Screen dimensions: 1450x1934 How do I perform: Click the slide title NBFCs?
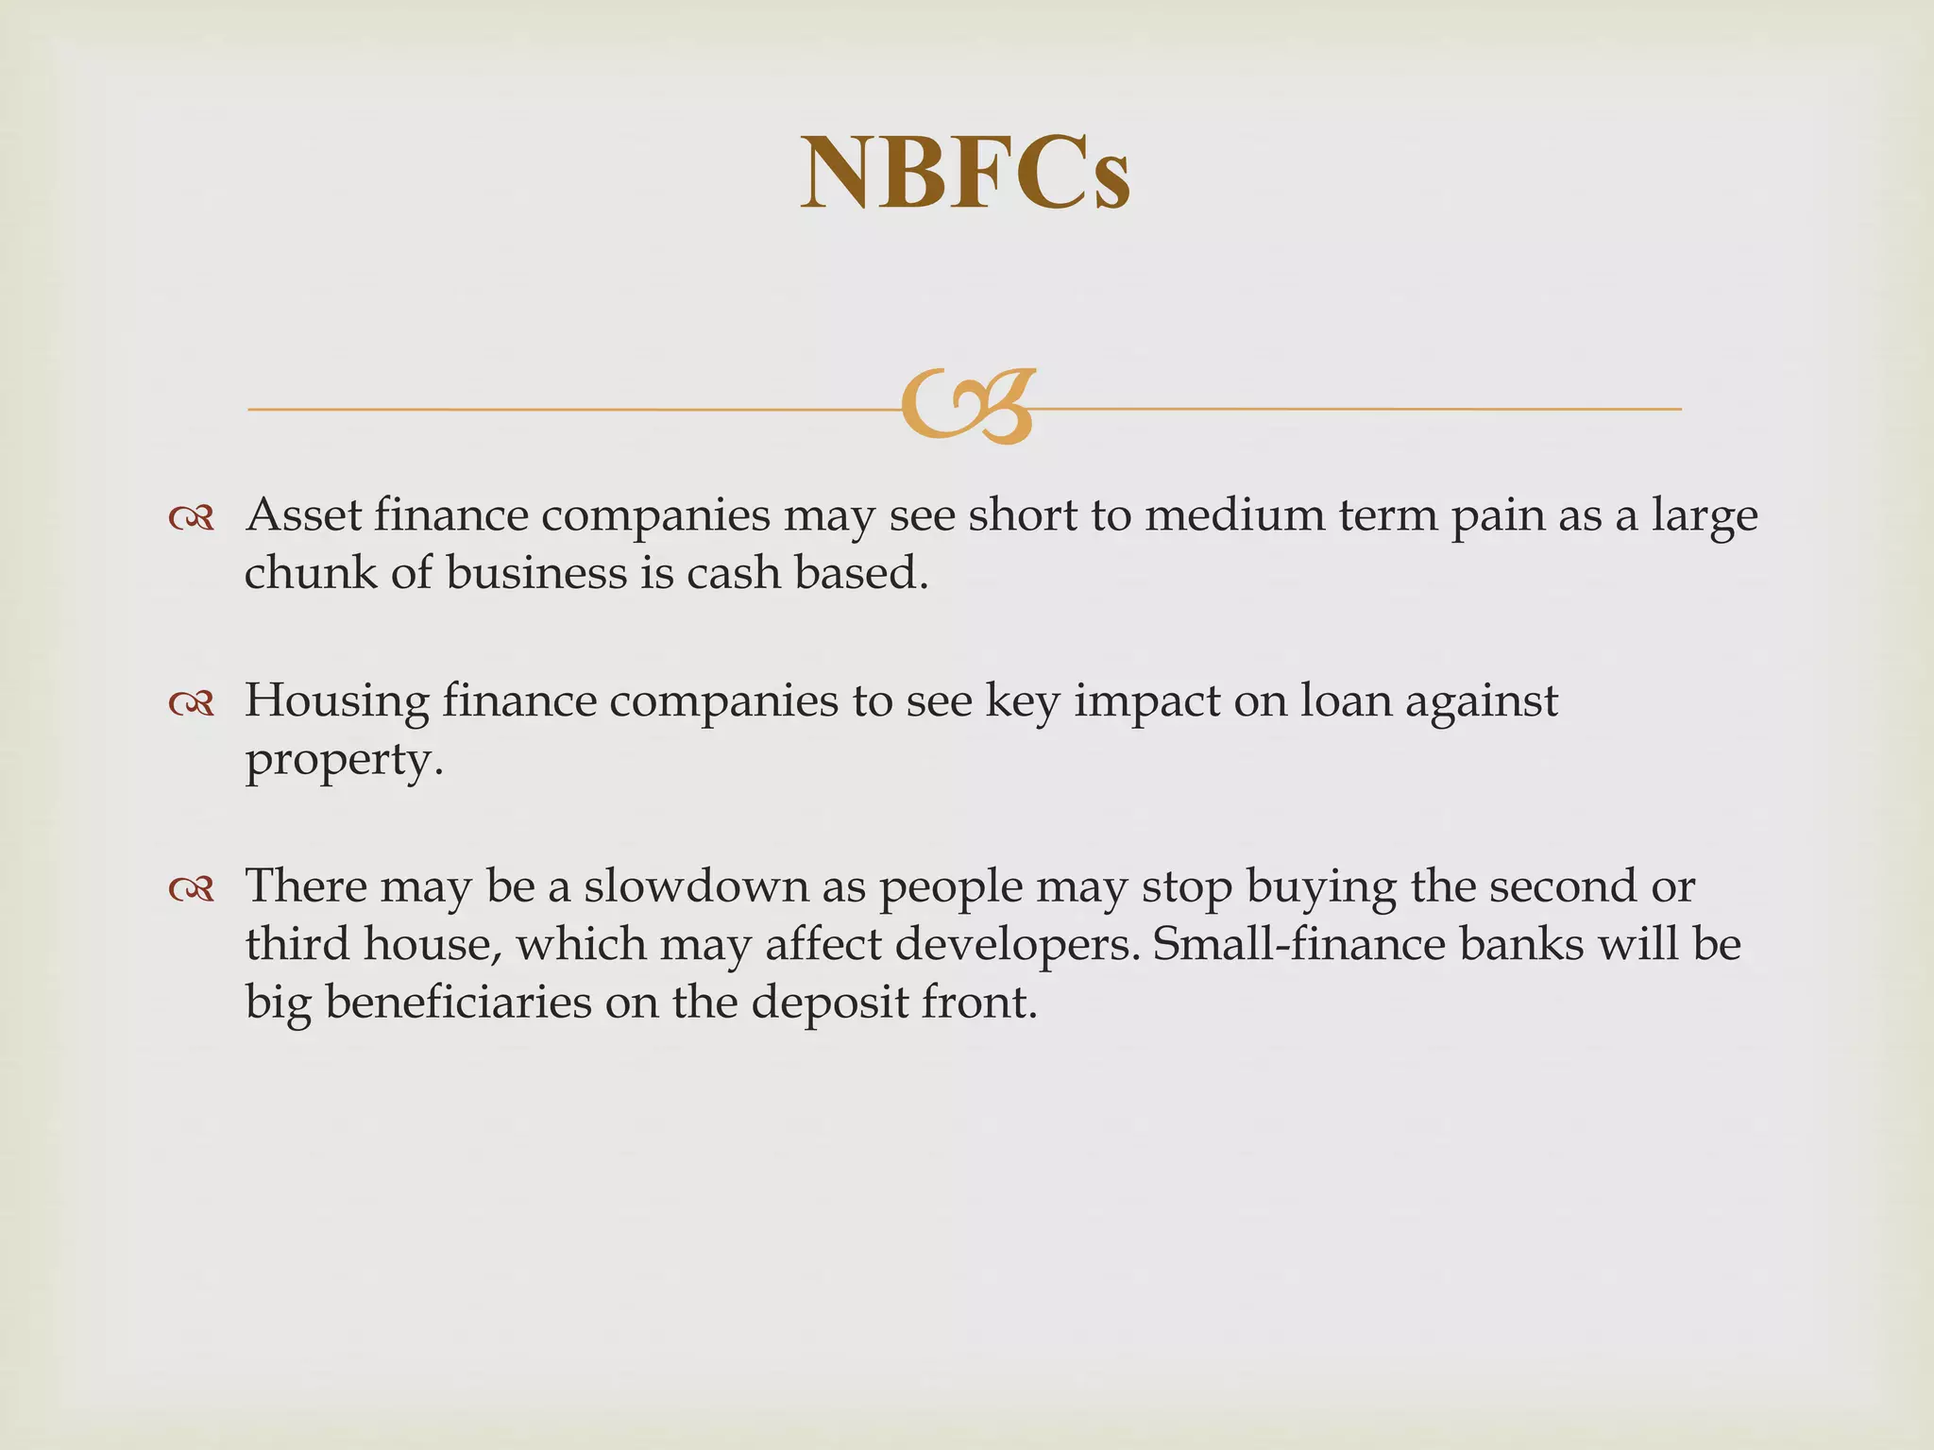(965, 174)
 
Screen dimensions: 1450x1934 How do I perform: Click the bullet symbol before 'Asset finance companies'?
(192, 517)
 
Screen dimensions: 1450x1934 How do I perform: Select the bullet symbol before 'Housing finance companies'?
(192, 702)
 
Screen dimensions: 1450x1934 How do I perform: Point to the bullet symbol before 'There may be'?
(192, 888)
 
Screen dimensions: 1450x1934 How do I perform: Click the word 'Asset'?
(303, 515)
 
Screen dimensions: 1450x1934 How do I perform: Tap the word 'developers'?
(1010, 945)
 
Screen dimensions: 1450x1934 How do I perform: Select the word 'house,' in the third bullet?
(432, 945)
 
